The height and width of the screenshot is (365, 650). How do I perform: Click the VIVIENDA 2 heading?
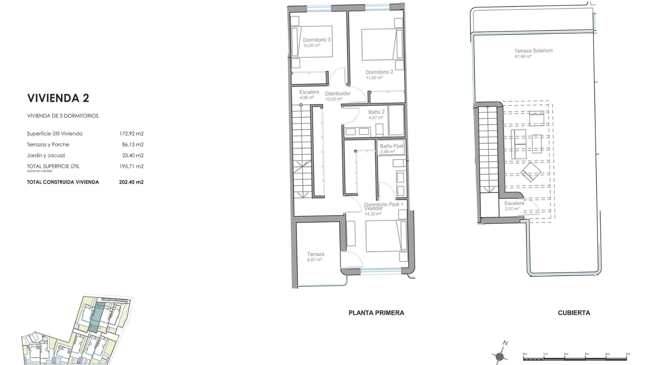coord(58,98)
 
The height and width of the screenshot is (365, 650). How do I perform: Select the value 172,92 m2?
coord(131,133)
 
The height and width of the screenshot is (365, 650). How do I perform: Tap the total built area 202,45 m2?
coord(131,182)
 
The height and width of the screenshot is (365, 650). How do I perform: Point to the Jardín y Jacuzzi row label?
coord(46,155)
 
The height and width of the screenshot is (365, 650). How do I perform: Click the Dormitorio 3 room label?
coord(317,40)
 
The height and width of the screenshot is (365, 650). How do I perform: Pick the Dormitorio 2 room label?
coord(379,72)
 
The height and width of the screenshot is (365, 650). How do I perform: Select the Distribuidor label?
coord(338,94)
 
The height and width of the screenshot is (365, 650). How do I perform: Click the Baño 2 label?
coord(376,112)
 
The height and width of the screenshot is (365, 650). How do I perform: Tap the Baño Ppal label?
coord(392,146)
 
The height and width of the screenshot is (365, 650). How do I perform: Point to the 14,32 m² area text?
coord(373,214)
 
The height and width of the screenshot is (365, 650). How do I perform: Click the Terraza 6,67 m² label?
coord(316,254)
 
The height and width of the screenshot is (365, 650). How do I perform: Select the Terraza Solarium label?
coord(533,51)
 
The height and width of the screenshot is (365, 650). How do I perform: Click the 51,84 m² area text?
coord(523,56)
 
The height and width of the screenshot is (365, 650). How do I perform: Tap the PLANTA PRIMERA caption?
coord(376,313)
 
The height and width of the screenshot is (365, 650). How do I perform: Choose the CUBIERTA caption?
coord(574,313)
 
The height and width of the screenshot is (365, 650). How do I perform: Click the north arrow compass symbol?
coord(500,356)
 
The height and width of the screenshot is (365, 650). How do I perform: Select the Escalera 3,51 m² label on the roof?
coord(514,203)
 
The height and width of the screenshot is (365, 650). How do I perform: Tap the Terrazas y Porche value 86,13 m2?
coord(133,144)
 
